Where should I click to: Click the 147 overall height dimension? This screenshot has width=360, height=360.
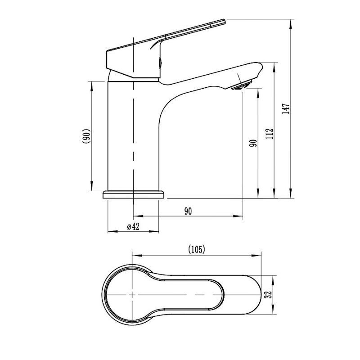point(286,109)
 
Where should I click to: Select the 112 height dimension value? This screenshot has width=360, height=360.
point(269,134)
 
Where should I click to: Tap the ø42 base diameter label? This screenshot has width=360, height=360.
point(133,227)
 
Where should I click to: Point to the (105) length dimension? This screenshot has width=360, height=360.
point(196,250)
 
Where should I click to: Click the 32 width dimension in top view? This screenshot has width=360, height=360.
point(268,295)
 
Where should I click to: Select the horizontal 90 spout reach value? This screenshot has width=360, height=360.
point(188,211)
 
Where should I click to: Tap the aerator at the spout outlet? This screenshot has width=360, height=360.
point(242,85)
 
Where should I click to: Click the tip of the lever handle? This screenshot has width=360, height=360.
point(225,21)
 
